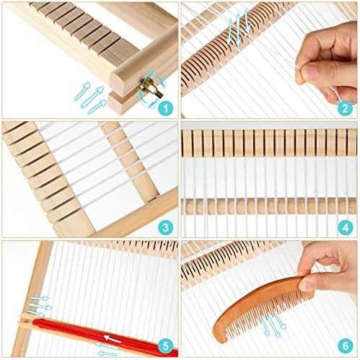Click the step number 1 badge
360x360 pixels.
[x=165, y=108]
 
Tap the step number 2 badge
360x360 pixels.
[x=345, y=108]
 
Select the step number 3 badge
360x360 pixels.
[x=165, y=227]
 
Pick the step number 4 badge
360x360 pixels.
[x=345, y=227]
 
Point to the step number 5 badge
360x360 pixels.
[x=165, y=346]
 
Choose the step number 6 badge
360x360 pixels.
[x=345, y=346]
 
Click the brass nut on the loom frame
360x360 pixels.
[x=144, y=89]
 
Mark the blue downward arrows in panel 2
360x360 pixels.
[x=239, y=26]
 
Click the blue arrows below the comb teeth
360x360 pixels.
[x=273, y=325]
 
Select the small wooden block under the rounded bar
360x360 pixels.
[x=121, y=102]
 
